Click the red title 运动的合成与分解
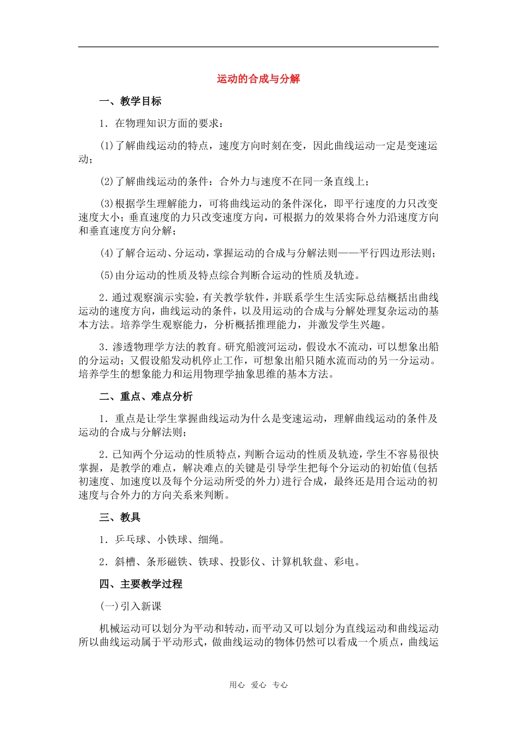[258, 79]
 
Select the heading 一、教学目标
[130, 101]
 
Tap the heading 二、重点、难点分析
[146, 396]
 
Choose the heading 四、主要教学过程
[140, 584]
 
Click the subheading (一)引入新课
[131, 607]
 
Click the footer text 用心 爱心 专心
[258, 685]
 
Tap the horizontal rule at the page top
[258, 47]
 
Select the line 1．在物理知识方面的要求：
[161, 124]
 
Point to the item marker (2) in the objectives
[107, 181]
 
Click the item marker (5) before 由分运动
[107, 276]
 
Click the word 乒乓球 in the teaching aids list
[131, 540]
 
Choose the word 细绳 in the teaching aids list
[209, 540]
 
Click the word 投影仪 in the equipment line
[245, 562]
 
